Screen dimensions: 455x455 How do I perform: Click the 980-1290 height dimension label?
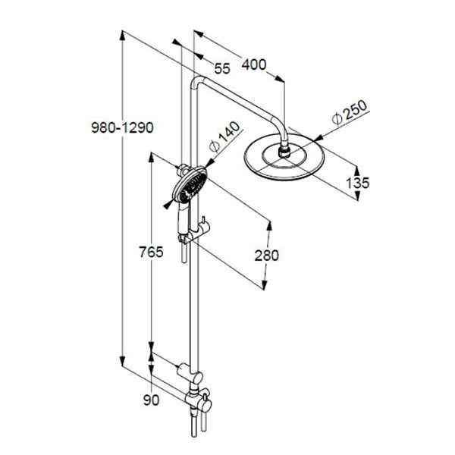tap(122, 127)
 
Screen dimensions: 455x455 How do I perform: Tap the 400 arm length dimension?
tap(254, 64)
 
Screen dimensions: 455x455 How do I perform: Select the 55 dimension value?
tap(222, 68)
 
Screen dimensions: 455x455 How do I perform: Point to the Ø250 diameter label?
tap(350, 112)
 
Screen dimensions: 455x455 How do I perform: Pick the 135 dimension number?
tap(357, 183)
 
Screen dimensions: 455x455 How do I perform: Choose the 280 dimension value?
tap(266, 256)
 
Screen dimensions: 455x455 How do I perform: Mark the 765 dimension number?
tap(151, 252)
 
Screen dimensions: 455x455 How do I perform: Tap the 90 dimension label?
tap(152, 400)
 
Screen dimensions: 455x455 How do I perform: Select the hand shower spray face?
tap(191, 185)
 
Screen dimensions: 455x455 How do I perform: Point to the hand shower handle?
tap(184, 218)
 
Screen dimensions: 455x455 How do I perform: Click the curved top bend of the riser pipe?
tap(197, 82)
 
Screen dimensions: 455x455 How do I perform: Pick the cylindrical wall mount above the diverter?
tap(190, 373)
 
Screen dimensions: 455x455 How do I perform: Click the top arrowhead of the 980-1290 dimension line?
tap(123, 36)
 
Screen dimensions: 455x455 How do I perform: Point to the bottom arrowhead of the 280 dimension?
tap(265, 284)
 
